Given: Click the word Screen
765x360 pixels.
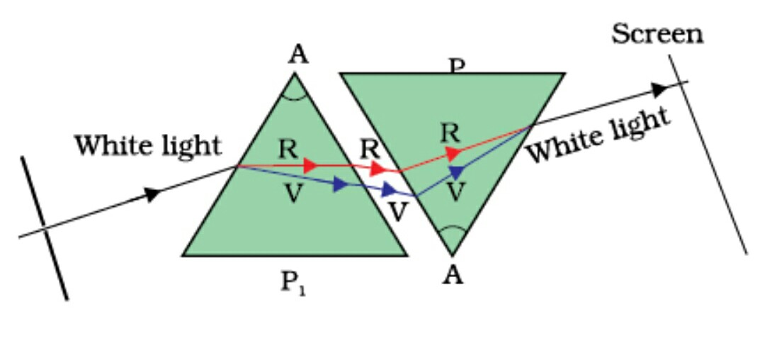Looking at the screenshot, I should click(657, 33).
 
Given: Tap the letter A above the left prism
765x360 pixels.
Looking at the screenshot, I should click(299, 56).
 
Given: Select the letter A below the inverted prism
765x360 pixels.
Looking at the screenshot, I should click(452, 276).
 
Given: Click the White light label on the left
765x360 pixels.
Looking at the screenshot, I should click(147, 145).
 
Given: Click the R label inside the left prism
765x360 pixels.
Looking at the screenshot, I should click(287, 149).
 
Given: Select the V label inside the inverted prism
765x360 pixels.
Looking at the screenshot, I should click(458, 191).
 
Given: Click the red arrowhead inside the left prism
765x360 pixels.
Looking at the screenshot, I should click(310, 166).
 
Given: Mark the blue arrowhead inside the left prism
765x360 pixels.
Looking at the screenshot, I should click(341, 184).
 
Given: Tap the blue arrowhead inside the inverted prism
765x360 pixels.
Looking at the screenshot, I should click(457, 171).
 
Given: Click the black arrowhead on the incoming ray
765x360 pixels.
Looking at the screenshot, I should click(153, 194).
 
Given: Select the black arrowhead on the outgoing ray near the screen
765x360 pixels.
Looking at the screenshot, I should click(659, 89).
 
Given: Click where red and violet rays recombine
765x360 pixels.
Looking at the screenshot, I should click(530, 128).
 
